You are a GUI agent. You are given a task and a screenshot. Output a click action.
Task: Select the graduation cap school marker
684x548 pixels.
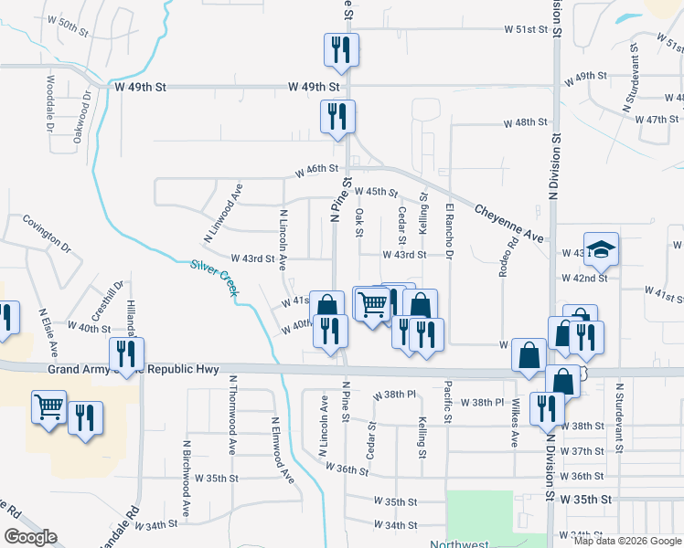coord(602,248)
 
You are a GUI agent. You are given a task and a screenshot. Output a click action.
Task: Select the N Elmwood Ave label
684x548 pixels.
coord(282,449)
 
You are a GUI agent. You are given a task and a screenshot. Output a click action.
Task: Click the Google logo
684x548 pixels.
coord(31,536)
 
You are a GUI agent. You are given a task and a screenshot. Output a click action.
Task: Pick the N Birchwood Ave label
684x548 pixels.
coord(186,480)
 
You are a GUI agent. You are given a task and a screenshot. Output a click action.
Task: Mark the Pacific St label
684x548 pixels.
coord(448,402)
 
